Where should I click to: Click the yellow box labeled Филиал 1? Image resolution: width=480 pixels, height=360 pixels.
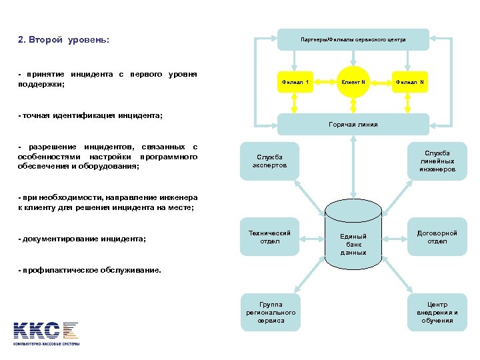(295, 82)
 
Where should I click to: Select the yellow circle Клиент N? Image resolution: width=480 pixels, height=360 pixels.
(353, 82)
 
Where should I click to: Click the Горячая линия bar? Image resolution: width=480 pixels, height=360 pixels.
(353, 124)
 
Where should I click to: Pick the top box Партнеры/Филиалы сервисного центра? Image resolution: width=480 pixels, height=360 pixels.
(353, 39)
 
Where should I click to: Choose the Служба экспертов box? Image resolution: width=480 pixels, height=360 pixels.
(270, 161)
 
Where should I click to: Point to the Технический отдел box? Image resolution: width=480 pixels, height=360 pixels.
(269, 237)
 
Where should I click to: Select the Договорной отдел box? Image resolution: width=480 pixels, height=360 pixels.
(437, 237)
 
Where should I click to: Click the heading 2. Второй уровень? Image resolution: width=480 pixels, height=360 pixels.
(63, 40)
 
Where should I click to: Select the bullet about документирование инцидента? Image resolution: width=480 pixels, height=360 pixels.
(83, 239)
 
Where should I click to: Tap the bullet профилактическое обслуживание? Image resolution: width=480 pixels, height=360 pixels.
(89, 270)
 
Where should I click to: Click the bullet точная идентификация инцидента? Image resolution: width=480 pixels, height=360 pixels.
(91, 115)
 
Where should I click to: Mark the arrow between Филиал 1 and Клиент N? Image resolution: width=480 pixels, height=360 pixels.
(325, 82)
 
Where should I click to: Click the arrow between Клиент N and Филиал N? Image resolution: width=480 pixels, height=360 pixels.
(381, 82)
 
